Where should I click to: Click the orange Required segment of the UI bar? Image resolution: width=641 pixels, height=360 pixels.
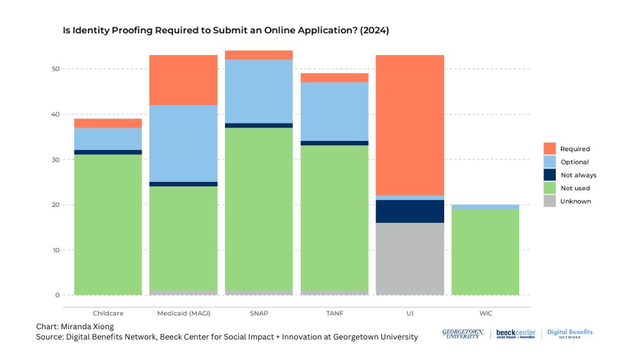[410, 125]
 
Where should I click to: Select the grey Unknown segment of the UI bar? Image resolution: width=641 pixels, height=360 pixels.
[410, 259]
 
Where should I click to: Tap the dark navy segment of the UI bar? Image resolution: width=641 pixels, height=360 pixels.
[410, 211]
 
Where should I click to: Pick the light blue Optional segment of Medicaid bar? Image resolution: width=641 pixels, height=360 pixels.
[183, 143]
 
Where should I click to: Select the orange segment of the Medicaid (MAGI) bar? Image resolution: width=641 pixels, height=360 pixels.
[183, 80]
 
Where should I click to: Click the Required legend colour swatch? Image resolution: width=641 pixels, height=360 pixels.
[549, 149]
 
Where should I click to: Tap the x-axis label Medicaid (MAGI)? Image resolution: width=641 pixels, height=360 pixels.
[183, 313]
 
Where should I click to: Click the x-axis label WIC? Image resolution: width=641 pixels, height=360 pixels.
[485, 313]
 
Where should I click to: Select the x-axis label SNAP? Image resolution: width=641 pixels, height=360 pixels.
[258, 313]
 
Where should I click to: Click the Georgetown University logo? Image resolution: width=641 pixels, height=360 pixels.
[460, 334]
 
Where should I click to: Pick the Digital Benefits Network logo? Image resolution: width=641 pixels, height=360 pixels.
[569, 334]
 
